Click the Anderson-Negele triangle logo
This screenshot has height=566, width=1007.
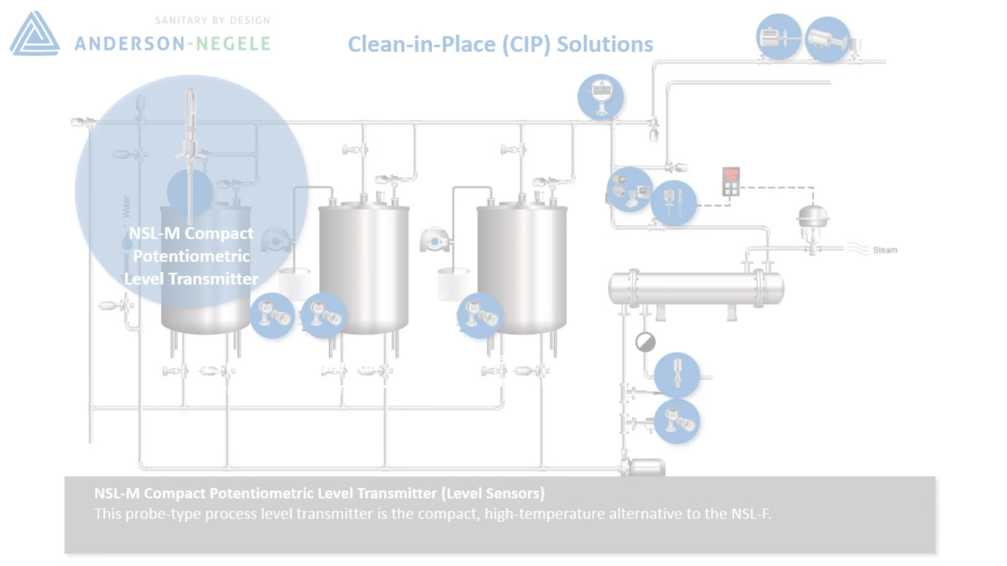point(35,34)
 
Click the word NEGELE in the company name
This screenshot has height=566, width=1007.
point(233,43)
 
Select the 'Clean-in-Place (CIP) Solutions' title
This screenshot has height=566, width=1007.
point(500,44)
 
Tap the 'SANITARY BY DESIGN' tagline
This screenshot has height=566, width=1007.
point(212,20)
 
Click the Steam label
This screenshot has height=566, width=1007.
point(885,250)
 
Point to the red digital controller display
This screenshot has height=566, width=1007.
point(731,181)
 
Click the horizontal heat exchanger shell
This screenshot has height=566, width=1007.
point(696,288)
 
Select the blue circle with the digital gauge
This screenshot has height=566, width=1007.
point(601,97)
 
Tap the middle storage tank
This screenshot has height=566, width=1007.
point(363,267)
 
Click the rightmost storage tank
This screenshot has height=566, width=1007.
point(522,267)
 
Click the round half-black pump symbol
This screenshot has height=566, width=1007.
point(645,342)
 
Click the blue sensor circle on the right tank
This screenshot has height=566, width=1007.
point(479,315)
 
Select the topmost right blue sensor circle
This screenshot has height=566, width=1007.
point(827,39)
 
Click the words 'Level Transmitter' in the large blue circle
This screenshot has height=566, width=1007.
point(191,279)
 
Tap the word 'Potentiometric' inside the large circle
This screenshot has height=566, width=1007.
point(191,256)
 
